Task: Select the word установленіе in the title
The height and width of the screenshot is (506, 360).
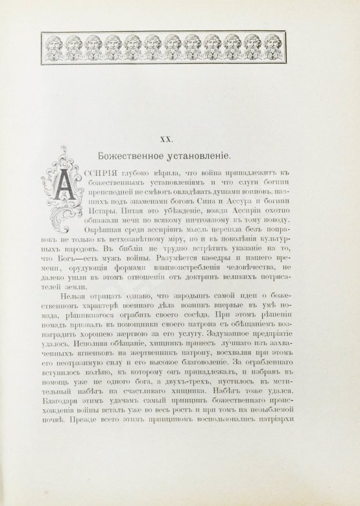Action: [x=205, y=156]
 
